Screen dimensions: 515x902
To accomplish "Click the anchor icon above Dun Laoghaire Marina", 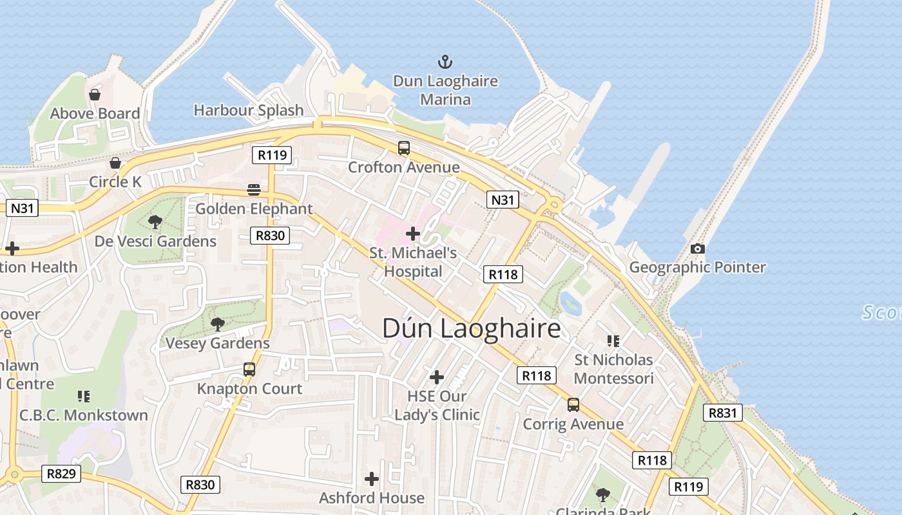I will (445, 62).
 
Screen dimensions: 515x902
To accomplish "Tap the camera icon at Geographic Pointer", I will (697, 248).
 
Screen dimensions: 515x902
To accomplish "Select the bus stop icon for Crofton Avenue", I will (404, 148).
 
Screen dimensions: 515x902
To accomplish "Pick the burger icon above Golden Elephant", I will (254, 190).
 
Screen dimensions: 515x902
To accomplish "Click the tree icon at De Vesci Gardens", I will (155, 222).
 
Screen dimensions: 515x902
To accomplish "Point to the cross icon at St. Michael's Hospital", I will (413, 233).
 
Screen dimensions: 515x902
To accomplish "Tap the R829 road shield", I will (62, 474).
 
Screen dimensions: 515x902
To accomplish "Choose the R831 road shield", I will (722, 413).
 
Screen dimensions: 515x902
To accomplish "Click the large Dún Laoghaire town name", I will (472, 328).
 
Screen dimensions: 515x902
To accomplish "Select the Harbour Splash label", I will (249, 110).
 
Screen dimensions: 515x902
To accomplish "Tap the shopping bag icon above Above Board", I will (95, 95).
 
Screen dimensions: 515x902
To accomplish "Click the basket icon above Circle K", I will (115, 163).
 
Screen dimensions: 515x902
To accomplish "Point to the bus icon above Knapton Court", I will (249, 370).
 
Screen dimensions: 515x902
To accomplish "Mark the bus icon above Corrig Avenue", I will (573, 405).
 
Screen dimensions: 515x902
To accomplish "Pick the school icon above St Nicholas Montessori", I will (613, 341).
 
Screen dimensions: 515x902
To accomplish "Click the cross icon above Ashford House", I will (372, 479).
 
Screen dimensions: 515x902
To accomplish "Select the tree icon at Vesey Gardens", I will (218, 324).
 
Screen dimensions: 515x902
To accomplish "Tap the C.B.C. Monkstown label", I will (84, 415).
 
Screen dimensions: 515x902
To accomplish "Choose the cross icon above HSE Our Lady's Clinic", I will (437, 377).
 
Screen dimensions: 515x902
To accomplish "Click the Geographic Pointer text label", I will (697, 267).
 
